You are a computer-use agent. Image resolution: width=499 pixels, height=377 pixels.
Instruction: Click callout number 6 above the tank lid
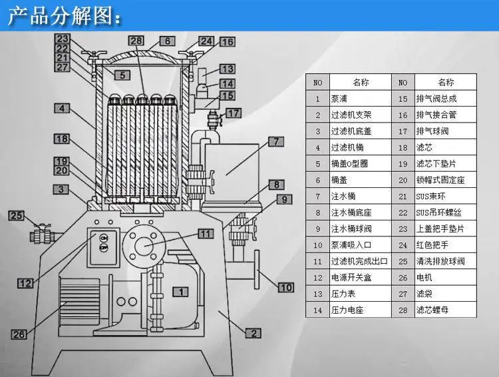pyautogui.click(x=168, y=41)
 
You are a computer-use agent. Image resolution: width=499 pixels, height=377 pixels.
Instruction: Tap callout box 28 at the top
pyautogui.click(x=136, y=41)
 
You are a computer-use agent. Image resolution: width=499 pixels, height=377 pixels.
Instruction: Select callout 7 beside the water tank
pyautogui.click(x=276, y=141)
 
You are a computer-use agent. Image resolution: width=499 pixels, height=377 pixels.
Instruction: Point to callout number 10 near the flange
pyautogui.click(x=285, y=288)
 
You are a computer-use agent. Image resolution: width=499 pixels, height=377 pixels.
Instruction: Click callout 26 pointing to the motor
pyautogui.click(x=19, y=334)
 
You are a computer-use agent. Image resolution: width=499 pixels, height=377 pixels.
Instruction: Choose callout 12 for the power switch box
pyautogui.click(x=25, y=283)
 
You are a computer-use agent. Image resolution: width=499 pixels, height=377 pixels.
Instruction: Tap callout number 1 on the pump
pyautogui.click(x=181, y=292)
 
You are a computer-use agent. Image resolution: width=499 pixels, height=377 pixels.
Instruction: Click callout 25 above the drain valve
pyautogui.click(x=16, y=215)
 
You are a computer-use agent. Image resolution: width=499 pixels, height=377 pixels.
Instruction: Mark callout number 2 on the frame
pyautogui.click(x=253, y=333)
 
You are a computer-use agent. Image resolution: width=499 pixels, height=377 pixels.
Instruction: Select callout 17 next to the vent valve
pyautogui.click(x=234, y=113)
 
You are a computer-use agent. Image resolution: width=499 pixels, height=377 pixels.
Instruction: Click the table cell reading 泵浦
pyautogui.click(x=339, y=99)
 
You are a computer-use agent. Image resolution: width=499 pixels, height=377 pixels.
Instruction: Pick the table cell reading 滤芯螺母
pyautogui.click(x=432, y=310)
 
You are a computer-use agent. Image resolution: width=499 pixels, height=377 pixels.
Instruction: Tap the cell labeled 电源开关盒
pyautogui.click(x=351, y=277)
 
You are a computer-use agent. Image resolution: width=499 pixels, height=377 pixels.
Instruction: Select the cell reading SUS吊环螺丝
pyautogui.click(x=438, y=212)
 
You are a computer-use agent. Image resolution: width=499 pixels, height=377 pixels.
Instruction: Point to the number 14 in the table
pyautogui.click(x=317, y=310)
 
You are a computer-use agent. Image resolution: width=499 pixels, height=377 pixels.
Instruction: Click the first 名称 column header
pyautogui.click(x=361, y=82)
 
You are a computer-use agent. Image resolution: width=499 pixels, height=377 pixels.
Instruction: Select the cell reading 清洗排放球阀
pyautogui.click(x=440, y=261)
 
